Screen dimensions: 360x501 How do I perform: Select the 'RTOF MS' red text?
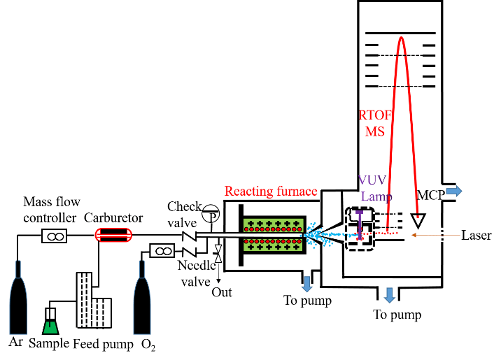point(370,124)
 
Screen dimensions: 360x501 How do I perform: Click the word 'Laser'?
point(476,236)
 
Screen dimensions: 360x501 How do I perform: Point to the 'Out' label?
point(222,292)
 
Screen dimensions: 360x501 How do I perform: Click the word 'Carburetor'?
point(114,216)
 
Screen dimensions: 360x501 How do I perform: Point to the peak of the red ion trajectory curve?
point(402,37)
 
